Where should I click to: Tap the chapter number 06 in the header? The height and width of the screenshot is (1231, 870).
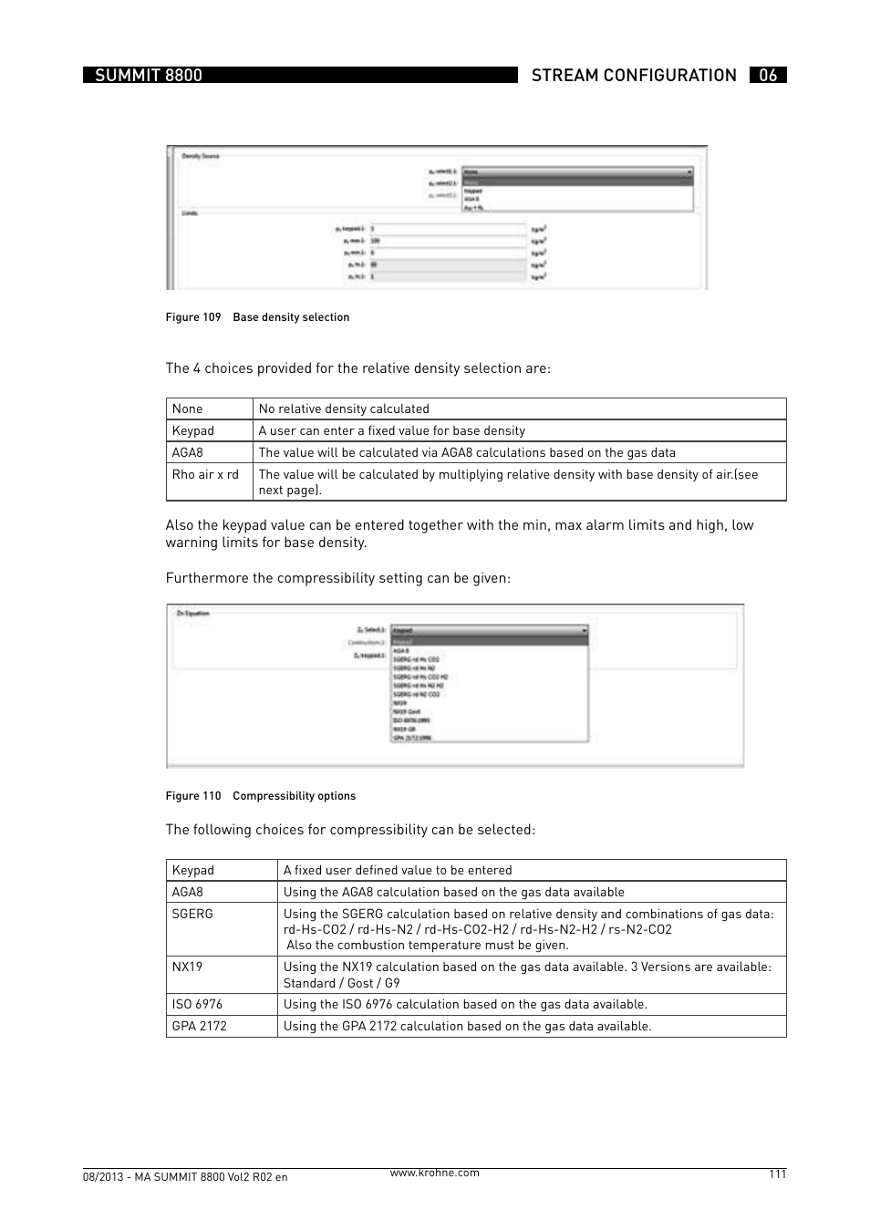pos(768,76)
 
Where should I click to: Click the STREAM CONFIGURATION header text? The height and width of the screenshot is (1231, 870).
pos(634,76)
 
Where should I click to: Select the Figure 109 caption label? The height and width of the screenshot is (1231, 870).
pos(193,317)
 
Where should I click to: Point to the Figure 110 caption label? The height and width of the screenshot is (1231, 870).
pos(193,796)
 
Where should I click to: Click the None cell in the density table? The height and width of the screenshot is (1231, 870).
pos(188,409)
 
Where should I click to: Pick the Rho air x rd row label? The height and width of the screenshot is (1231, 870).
pos(205,475)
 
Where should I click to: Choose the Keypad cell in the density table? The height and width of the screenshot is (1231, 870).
pos(193,431)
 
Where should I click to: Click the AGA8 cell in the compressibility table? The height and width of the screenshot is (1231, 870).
pos(188,893)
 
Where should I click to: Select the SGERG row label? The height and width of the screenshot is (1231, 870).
pos(192,915)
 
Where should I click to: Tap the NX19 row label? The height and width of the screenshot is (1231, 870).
pos(188,967)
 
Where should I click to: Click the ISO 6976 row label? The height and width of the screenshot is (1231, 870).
pos(197,1005)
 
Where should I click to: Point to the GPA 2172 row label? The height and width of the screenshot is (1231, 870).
pos(200,1027)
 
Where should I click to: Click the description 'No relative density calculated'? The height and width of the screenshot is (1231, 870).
pos(344,409)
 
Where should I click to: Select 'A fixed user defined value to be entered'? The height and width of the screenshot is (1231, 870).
pos(398,871)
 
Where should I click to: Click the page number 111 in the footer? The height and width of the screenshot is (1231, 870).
pos(777,1174)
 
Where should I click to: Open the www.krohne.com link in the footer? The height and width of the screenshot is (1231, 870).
pos(434,1174)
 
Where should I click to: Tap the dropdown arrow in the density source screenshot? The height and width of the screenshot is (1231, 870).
pos(689,171)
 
